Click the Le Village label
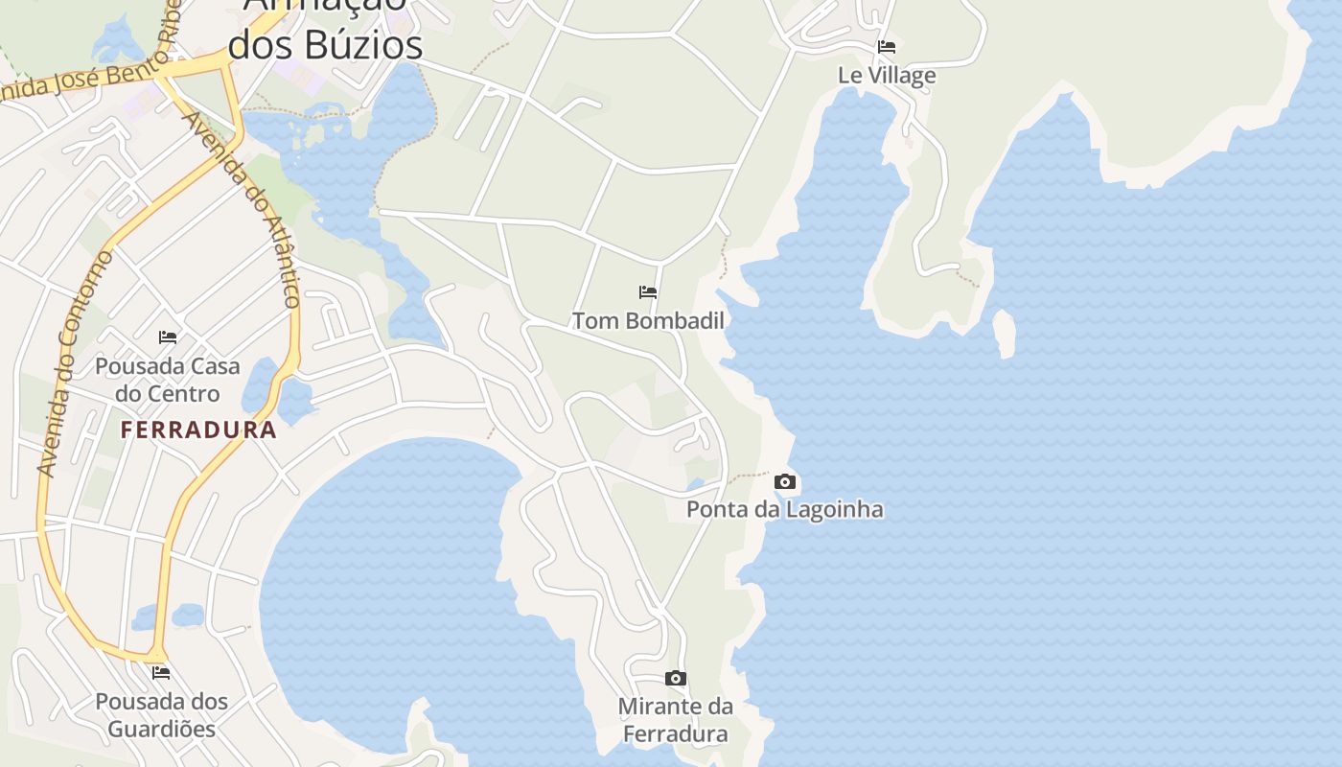coord(887,75)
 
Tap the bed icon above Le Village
coord(887,46)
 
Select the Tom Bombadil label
coord(648,320)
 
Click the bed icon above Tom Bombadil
coord(648,292)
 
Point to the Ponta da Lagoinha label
coord(784,509)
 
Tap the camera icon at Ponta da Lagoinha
coord(785,481)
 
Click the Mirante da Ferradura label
coord(675,720)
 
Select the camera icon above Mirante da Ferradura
coord(676,679)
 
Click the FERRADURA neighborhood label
coord(198,430)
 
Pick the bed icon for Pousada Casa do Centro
coord(168,337)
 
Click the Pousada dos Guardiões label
coord(161,714)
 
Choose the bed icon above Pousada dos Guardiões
coord(161,673)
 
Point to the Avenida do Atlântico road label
coord(241,209)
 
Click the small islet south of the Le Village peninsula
coord(1004,333)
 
